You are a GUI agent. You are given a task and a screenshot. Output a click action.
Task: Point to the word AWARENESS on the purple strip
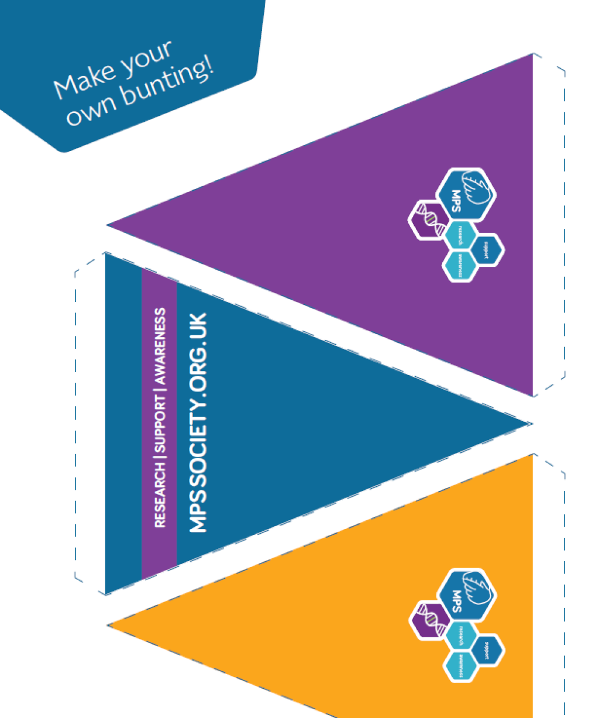tap(160, 346)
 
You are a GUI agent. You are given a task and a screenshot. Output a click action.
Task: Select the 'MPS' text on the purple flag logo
tap(456, 201)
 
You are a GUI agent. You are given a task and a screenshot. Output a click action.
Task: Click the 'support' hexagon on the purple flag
tap(487, 249)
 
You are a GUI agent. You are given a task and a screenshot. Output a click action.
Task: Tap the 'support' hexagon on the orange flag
tap(487, 650)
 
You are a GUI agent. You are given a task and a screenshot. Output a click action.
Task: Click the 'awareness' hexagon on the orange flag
tap(460, 666)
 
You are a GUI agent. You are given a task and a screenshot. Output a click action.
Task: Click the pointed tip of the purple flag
tap(108, 224)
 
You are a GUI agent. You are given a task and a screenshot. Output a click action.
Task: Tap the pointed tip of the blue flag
tap(530, 423)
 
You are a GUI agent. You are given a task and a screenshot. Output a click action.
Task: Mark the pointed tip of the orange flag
tap(108, 625)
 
